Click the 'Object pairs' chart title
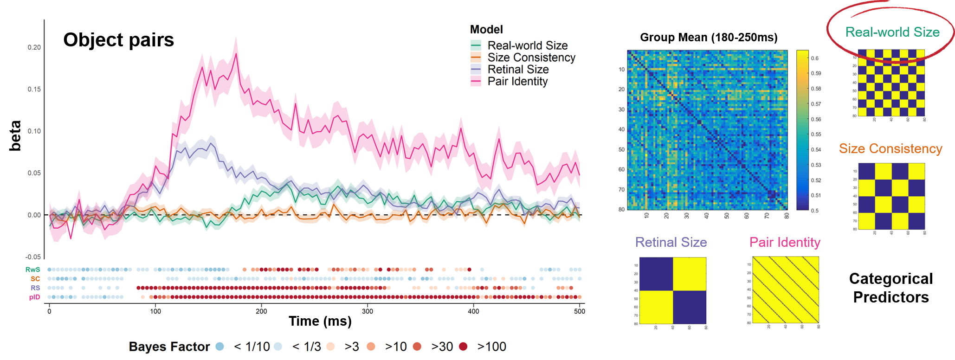(118, 40)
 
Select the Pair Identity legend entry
(517, 82)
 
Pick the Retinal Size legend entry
(518, 70)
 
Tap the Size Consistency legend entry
(531, 58)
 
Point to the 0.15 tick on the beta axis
(34, 89)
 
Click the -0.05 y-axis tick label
(33, 257)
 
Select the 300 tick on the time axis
(368, 311)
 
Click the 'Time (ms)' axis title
(320, 321)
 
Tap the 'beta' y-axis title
(15, 135)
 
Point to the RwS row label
(32, 270)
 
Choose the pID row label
(34, 297)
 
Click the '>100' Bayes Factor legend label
(491, 347)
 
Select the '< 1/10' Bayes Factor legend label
(252, 347)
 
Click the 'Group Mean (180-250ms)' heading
(709, 38)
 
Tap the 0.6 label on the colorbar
(815, 58)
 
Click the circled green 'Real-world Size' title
(892, 32)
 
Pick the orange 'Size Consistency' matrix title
(890, 148)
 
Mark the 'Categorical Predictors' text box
(891, 288)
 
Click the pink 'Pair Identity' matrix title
(785, 242)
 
